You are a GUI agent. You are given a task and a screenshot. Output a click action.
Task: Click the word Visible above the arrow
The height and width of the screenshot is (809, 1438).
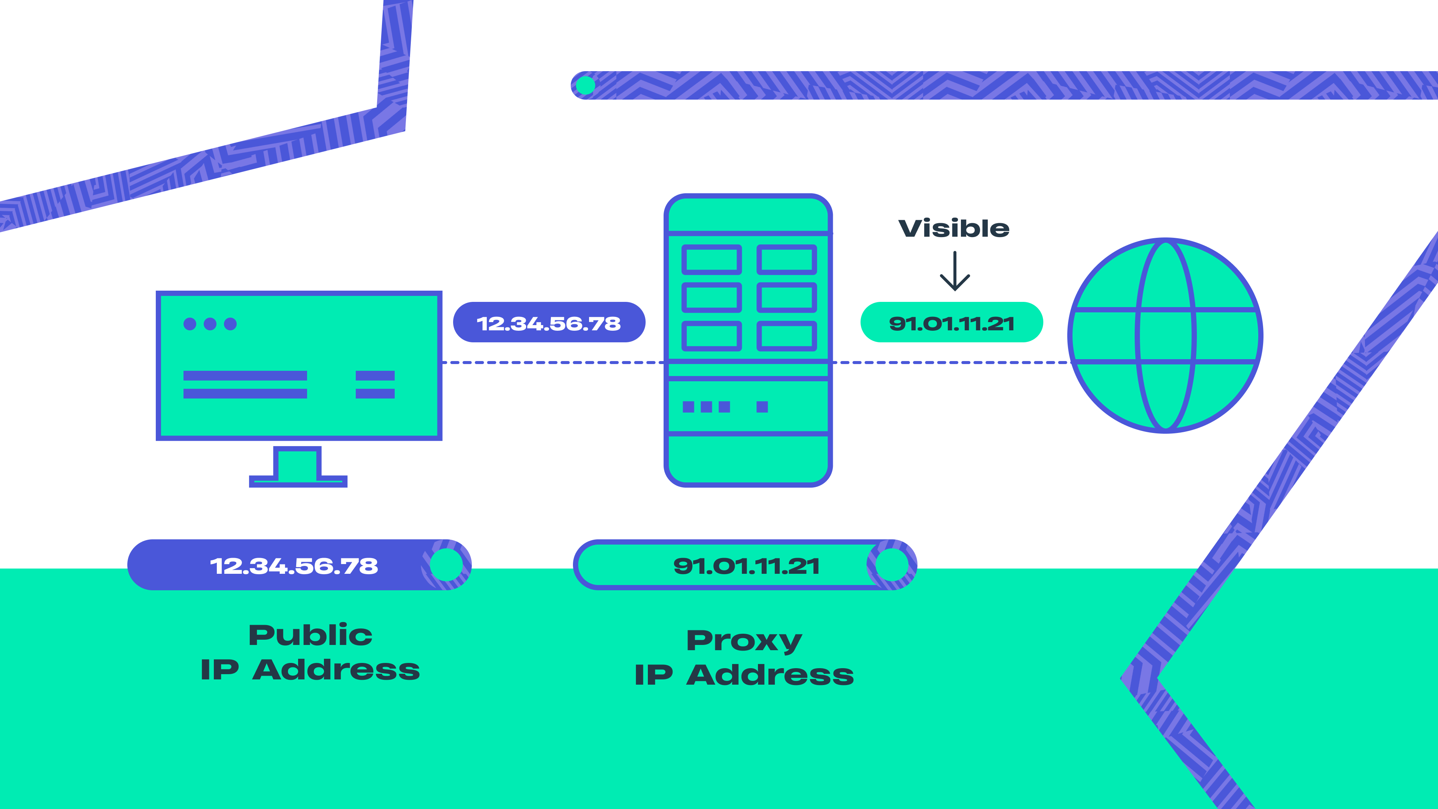point(953,228)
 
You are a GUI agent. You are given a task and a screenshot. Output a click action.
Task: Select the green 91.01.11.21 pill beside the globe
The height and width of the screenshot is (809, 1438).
point(951,323)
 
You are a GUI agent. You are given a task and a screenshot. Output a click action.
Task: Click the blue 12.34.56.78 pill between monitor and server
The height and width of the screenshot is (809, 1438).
point(549,323)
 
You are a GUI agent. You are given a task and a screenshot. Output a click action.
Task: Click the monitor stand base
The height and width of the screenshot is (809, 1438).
point(298,481)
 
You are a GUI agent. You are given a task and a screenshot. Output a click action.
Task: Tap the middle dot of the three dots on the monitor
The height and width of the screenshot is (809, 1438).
point(210,324)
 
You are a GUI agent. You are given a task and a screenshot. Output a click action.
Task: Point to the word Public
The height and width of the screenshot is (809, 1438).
point(310,635)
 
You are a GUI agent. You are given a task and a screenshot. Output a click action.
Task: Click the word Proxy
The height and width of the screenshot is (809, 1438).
point(744,641)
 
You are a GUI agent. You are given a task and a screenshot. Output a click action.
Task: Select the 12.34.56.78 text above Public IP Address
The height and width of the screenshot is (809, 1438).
point(294,566)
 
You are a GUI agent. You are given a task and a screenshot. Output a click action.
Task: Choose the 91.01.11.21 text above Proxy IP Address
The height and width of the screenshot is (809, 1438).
point(746,566)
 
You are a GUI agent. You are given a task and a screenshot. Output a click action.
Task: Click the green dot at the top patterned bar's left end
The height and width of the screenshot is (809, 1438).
point(585,85)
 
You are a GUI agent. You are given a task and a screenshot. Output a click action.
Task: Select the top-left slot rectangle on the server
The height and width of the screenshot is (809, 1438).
point(712,260)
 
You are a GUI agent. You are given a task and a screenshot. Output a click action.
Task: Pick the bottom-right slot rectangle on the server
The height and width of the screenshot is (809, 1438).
point(786,336)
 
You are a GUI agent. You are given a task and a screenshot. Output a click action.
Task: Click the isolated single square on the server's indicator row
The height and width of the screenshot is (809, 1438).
point(762,406)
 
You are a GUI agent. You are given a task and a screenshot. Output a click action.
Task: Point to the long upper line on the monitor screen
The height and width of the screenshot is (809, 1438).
point(245,376)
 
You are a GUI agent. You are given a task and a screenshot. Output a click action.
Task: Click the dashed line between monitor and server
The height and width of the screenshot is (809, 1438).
point(553,362)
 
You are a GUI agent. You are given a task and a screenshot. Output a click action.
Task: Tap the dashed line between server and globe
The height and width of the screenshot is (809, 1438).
point(949,362)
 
